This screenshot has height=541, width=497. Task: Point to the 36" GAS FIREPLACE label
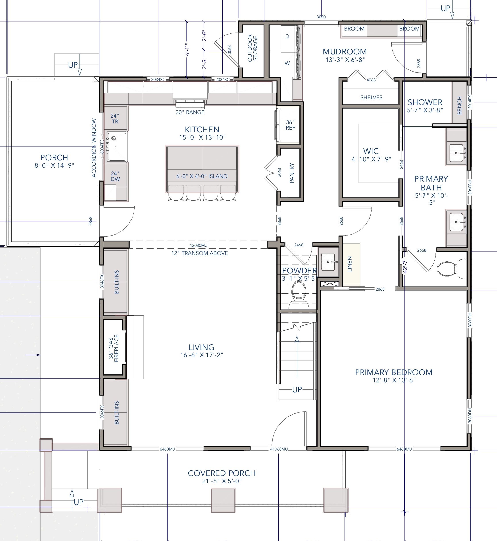point(114,348)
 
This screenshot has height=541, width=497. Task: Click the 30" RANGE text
point(190,112)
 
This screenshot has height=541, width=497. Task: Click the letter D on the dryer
point(287,36)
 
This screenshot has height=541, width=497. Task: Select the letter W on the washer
point(287,63)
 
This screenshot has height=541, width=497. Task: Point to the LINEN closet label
point(350,264)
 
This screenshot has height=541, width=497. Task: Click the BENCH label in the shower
point(459,105)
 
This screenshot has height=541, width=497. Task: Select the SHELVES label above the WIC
point(371,98)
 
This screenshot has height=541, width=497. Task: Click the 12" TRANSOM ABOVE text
point(200,253)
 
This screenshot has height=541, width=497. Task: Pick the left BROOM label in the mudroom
point(354,29)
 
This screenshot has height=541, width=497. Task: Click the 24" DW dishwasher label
point(115,176)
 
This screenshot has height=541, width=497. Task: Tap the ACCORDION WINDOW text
point(94,148)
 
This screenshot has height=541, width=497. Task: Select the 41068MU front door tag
point(279,449)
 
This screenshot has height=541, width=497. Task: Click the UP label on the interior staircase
point(297,390)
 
